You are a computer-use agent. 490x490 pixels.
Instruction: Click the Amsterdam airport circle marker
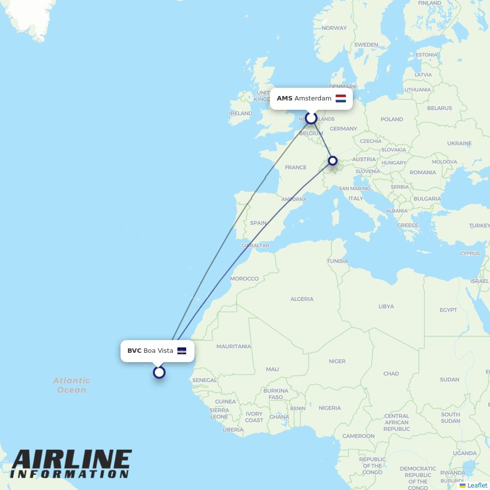coord(311,118)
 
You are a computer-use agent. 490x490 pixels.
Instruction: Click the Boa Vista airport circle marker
coord(159,372)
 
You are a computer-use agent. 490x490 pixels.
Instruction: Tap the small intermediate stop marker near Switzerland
coord(333,161)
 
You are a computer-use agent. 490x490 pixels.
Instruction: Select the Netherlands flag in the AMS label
coord(341,98)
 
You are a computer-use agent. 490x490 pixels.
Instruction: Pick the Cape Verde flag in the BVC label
coord(182,351)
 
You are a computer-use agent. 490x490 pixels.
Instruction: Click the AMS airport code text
coord(284,98)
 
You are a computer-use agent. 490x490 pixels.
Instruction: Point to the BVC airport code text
coord(134,351)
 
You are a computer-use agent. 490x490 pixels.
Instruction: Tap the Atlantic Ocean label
coord(72,385)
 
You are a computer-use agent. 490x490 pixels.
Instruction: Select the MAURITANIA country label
coord(234,346)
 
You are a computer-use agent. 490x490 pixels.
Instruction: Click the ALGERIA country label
coord(302,299)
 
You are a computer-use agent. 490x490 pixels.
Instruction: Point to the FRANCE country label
coord(295,168)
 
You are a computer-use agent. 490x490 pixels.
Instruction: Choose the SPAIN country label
coord(258,223)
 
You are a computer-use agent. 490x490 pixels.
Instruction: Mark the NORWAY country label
coord(334,28)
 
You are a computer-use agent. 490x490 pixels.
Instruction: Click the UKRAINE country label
coord(459,144)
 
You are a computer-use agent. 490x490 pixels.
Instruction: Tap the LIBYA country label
coord(386,307)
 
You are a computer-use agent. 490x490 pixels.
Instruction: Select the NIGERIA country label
coord(330,408)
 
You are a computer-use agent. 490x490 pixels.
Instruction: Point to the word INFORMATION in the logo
coord(69,474)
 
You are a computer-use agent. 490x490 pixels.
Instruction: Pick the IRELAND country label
coord(241,113)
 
